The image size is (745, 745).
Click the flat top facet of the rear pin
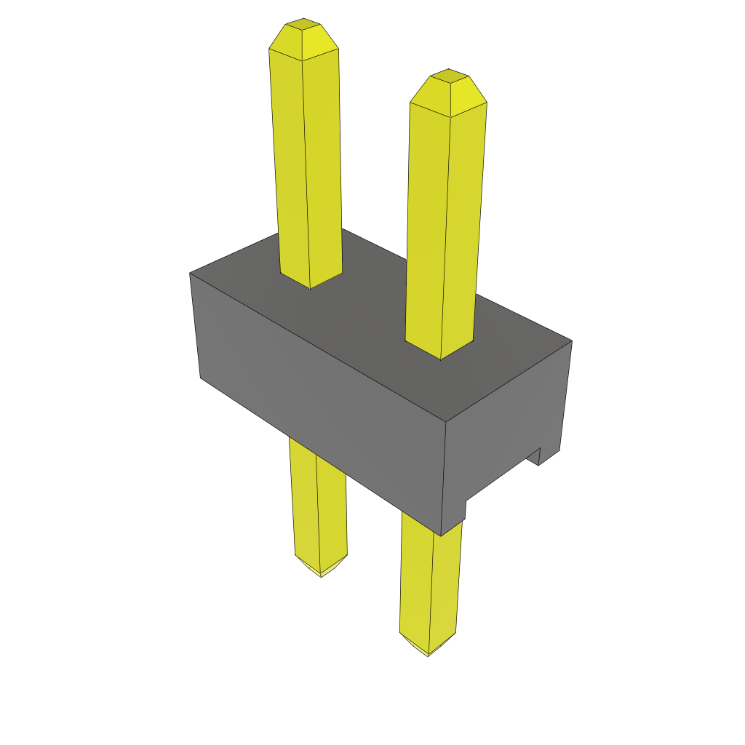[x=303, y=24]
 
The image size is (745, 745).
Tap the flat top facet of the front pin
[x=447, y=75]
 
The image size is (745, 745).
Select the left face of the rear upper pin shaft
[x=289, y=167]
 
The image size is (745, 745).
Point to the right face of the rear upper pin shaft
[x=322, y=167]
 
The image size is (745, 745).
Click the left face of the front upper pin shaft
[x=426, y=226]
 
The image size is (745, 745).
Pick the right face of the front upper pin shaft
[x=462, y=226]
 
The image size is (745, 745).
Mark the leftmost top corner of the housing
[x=190, y=273]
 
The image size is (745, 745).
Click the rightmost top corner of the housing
[x=572, y=340]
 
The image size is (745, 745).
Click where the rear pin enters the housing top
[x=311, y=280]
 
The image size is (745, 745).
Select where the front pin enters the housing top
[x=440, y=351]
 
